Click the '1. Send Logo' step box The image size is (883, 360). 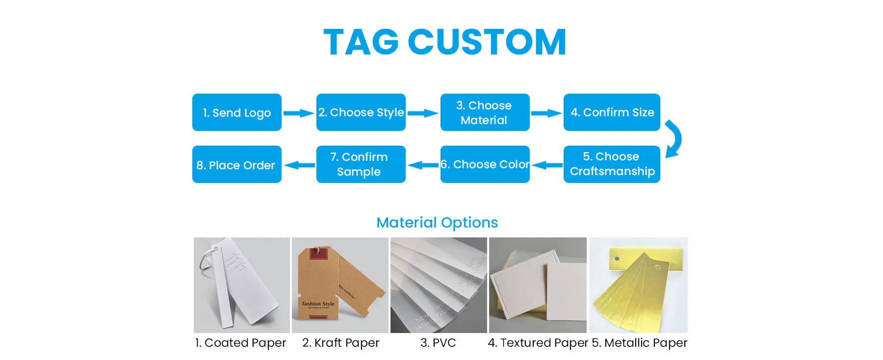pos(236,112)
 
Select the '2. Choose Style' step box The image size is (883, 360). pos(361,112)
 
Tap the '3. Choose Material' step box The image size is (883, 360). pos(485,112)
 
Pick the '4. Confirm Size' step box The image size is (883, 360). pos(612,112)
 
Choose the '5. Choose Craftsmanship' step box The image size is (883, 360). pos(612,164)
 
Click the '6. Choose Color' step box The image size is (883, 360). pos(485,164)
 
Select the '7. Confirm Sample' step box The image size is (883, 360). pos(361,164)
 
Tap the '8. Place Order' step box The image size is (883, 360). pos(236,164)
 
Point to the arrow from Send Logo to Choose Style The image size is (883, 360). pos(299,113)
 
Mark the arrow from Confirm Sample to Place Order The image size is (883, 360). pos(299,165)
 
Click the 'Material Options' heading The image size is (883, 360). pos(437,223)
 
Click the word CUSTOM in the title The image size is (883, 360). pos(487,42)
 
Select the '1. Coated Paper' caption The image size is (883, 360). pos(240,343)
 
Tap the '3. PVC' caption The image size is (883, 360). pos(438,343)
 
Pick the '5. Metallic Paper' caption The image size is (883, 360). pos(640,343)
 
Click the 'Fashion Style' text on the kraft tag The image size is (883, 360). pos(318,304)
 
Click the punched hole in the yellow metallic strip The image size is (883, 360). pos(617,258)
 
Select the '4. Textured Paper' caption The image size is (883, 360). pos(538,343)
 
